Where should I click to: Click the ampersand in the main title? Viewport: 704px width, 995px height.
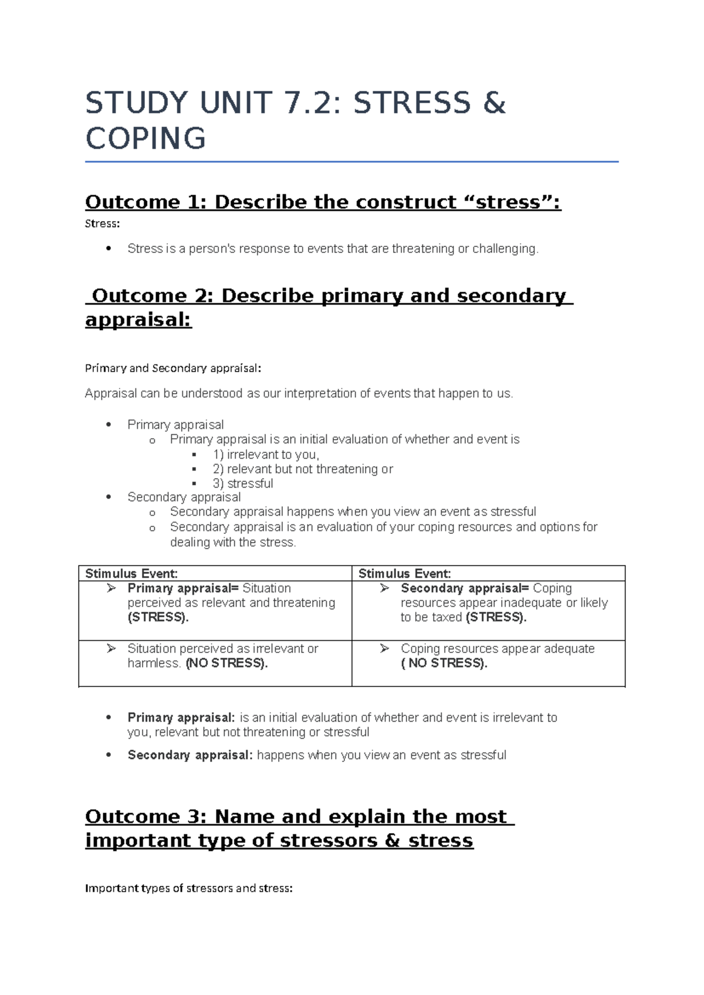point(494,103)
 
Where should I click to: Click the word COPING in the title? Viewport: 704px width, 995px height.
point(145,139)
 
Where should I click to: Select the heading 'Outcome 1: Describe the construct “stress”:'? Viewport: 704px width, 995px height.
point(323,202)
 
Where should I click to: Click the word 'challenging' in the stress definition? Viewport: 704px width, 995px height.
point(505,249)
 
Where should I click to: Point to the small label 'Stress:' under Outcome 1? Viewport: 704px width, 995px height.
point(102,224)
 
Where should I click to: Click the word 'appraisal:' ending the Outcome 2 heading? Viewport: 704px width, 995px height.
point(138,320)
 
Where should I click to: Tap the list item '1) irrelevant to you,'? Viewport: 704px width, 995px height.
point(266,455)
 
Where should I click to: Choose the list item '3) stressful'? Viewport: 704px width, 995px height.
point(243,483)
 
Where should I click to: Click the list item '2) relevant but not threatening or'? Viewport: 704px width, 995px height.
point(303,469)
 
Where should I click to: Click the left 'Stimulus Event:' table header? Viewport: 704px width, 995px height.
point(131,574)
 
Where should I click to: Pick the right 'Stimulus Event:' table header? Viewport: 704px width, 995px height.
point(405,574)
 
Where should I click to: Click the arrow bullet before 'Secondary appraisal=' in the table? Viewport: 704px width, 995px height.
point(385,588)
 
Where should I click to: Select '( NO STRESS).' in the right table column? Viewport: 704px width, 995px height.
point(444,664)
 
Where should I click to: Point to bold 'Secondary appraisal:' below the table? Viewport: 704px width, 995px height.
point(190,755)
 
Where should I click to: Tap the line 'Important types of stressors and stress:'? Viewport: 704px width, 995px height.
point(188,888)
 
